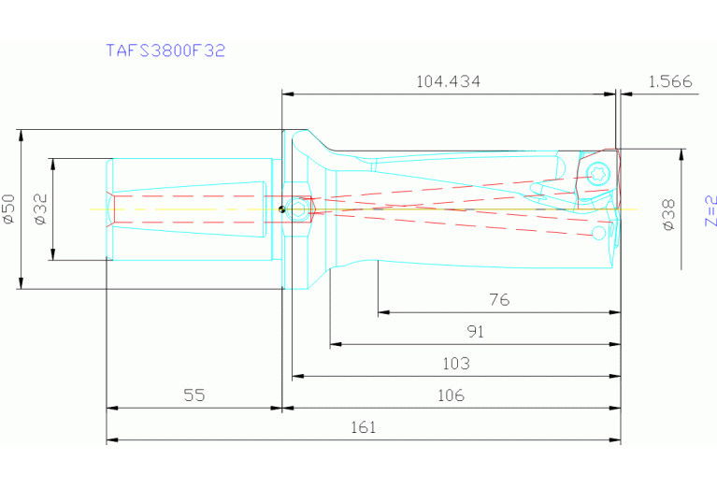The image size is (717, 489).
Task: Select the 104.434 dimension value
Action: (448, 81)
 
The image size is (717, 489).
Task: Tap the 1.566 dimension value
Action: (668, 81)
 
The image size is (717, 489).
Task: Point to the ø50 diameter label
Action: (8, 209)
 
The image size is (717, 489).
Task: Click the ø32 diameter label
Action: (40, 209)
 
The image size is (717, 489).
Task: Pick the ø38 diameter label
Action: (668, 213)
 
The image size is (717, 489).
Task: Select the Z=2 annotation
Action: (710, 210)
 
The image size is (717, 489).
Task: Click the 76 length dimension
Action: (499, 300)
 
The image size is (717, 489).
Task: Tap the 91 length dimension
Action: (476, 331)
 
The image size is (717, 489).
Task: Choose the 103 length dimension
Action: (455, 363)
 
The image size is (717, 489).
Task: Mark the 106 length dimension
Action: (451, 396)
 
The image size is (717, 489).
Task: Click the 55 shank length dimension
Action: (194, 396)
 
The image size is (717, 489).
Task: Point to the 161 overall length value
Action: (363, 427)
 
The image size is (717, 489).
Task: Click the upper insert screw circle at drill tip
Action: (598, 173)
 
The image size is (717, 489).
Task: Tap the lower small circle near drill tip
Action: (598, 231)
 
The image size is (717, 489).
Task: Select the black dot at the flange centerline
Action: (281, 209)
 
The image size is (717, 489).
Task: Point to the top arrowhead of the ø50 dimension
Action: (21, 135)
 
